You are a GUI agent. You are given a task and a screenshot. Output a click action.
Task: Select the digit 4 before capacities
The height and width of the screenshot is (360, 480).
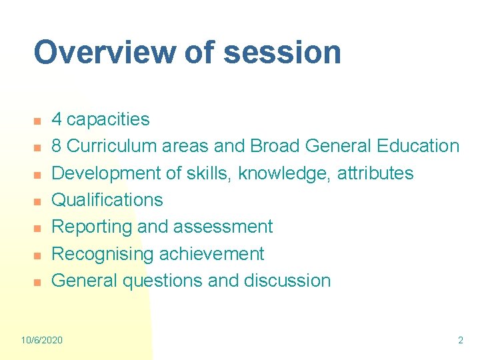57,119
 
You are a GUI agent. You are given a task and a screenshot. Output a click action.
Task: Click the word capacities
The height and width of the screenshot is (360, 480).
108,119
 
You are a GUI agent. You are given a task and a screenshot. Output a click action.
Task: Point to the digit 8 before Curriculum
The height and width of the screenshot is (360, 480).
57,146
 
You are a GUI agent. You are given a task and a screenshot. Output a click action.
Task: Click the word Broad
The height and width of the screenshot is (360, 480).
276,146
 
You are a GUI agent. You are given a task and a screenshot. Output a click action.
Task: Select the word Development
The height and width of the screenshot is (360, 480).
107,173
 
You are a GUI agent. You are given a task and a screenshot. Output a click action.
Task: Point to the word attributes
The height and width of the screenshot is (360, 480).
375,173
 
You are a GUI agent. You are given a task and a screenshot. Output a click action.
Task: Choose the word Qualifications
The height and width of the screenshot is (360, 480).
107,200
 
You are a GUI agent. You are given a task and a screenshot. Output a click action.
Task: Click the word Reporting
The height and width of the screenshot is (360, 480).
92,227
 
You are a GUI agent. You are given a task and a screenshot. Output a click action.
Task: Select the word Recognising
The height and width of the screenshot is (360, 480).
102,253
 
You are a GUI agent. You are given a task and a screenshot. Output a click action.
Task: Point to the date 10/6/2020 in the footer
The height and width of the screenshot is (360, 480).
42,340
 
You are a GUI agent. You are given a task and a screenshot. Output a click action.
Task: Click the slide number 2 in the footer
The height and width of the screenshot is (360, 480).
460,340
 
